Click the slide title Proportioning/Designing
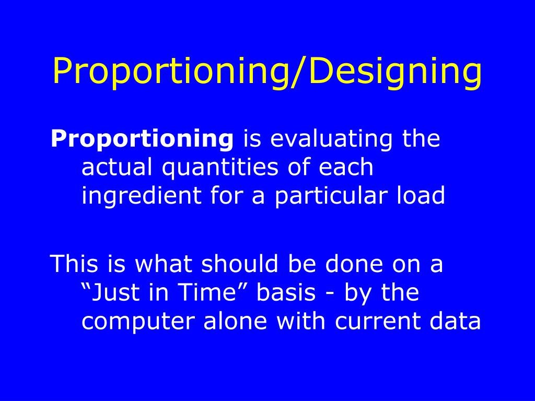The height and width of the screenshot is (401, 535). pyautogui.click(x=267, y=72)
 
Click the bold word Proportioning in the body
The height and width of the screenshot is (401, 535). pyautogui.click(x=142, y=139)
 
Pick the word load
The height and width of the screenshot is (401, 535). pyautogui.click(x=423, y=196)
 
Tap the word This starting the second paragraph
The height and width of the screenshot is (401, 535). pyautogui.click(x=74, y=264)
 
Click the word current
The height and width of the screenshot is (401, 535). pyautogui.click(x=371, y=321)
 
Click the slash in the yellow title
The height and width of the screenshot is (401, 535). pyautogui.click(x=300, y=72)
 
